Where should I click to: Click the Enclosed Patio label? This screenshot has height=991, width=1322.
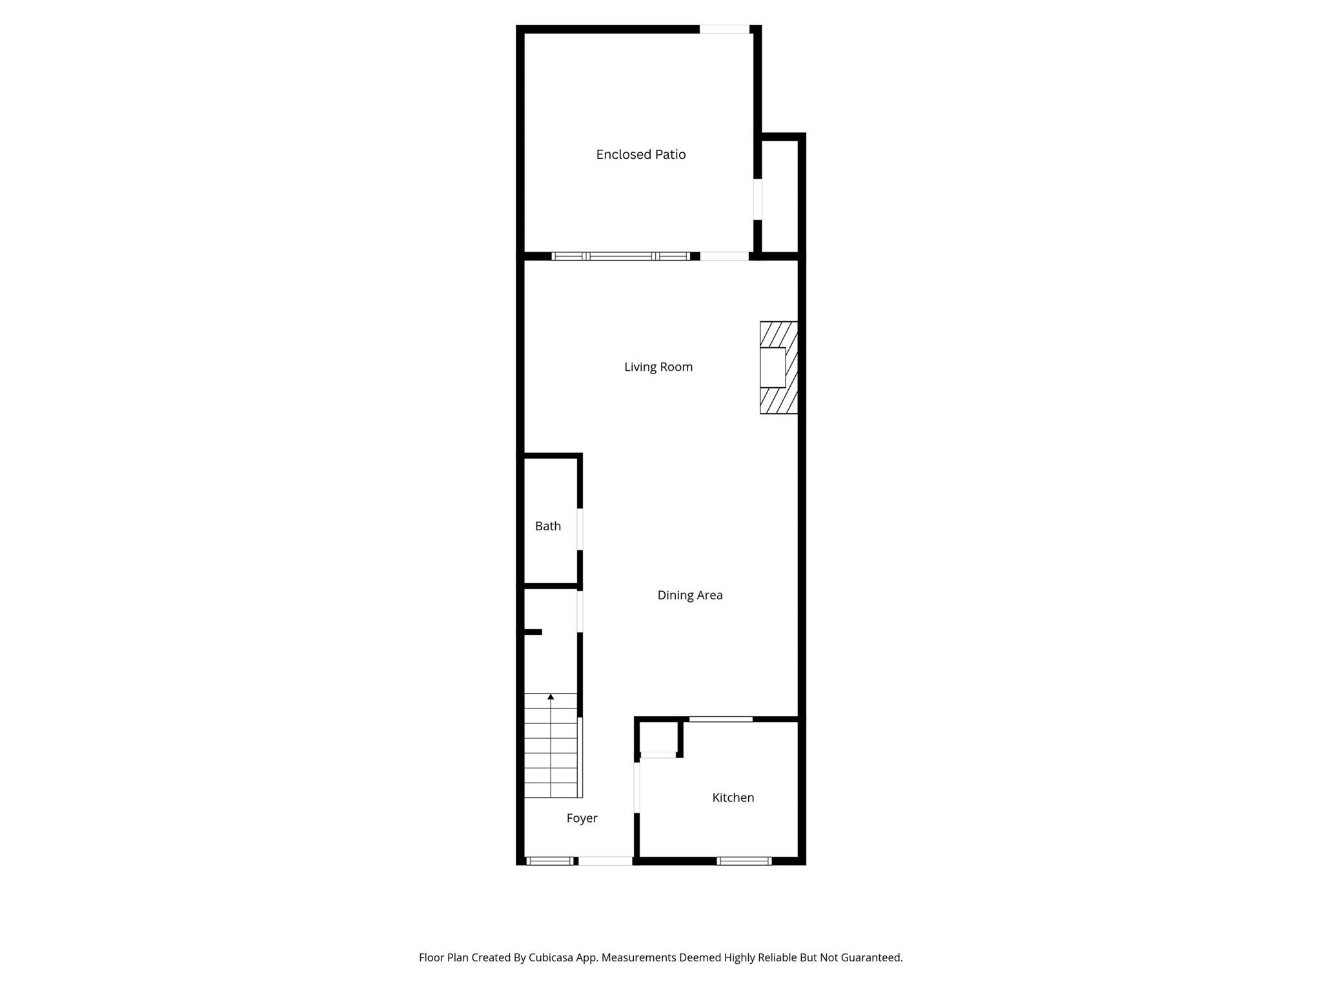click(640, 155)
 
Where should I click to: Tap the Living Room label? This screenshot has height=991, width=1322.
click(658, 367)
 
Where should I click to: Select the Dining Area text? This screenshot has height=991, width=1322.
click(689, 596)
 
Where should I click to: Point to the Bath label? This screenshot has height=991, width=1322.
click(547, 526)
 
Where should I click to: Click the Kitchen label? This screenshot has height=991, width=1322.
click(733, 798)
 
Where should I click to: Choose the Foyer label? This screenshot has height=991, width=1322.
click(582, 819)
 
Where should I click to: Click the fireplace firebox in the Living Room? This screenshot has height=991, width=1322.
click(773, 368)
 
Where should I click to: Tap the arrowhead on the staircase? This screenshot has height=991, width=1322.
click(551, 697)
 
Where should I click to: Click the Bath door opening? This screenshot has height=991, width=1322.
click(580, 529)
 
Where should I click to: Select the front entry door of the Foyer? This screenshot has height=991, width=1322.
click(605, 861)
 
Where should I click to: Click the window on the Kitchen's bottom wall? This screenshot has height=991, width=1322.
click(744, 861)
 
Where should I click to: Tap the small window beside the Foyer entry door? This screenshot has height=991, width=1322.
click(550, 861)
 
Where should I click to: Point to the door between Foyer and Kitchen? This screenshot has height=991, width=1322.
click(636, 788)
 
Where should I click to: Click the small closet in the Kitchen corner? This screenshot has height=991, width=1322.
click(658, 737)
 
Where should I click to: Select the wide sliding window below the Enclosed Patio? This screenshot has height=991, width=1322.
click(620, 256)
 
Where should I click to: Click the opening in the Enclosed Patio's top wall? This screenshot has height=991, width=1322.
click(724, 29)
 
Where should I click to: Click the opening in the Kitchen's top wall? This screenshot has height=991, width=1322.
click(720, 719)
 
